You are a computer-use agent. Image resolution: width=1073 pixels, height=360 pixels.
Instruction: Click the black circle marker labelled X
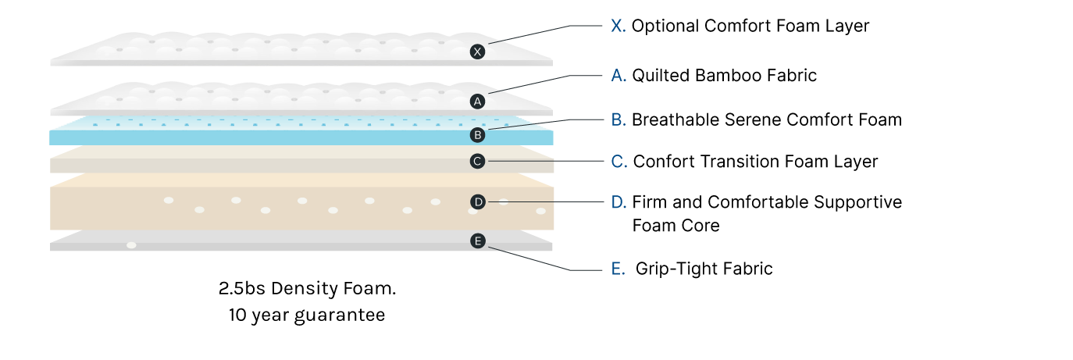(x=478, y=52)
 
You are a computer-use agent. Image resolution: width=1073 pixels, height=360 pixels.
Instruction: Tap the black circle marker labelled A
(x=478, y=102)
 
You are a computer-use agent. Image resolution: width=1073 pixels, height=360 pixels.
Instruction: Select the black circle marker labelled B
(x=478, y=135)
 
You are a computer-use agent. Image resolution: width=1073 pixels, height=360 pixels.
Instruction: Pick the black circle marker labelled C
(x=478, y=162)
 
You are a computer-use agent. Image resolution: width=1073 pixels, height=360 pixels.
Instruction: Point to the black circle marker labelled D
(x=479, y=202)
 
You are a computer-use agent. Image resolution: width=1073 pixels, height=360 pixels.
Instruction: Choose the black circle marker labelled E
(x=478, y=241)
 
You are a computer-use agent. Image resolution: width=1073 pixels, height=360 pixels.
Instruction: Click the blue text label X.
(x=618, y=27)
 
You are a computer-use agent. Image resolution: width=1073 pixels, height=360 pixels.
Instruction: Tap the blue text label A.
(x=618, y=77)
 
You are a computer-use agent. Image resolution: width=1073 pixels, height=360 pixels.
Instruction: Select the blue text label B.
(x=618, y=120)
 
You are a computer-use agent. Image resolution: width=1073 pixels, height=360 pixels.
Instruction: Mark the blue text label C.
(x=618, y=162)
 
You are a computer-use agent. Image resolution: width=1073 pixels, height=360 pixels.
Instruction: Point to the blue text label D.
(x=618, y=203)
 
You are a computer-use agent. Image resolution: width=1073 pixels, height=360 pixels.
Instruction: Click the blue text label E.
(x=618, y=270)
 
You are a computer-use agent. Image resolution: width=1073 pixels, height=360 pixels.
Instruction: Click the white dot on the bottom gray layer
(x=131, y=245)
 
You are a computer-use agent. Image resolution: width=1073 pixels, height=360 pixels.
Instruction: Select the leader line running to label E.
(x=531, y=259)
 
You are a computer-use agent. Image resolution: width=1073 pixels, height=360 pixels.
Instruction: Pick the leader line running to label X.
(x=531, y=34)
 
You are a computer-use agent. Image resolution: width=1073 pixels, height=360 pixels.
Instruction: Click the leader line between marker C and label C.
(x=547, y=162)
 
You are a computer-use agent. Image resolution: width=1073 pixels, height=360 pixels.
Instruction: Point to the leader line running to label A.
(x=531, y=84)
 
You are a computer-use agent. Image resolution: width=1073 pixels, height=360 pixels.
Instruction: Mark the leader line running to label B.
(x=531, y=124)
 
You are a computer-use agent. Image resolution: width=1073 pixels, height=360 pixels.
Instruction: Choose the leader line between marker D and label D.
(x=547, y=202)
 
